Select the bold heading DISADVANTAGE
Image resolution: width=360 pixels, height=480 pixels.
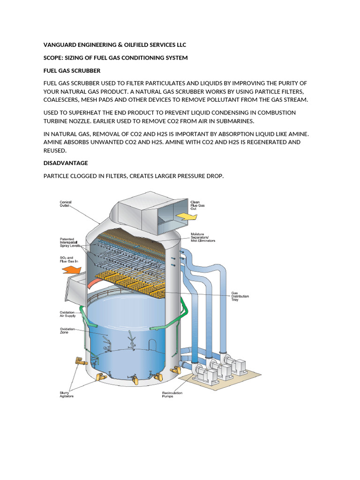[66, 163]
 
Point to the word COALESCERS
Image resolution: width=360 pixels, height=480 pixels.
[64, 100]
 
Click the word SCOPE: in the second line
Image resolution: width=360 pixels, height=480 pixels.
[54, 58]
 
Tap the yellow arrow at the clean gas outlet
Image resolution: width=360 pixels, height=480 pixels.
[186, 216]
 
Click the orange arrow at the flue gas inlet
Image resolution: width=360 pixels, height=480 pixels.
[72, 270]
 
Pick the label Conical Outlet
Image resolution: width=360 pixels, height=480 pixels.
[66, 204]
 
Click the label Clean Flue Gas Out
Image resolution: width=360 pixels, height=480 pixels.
[197, 205]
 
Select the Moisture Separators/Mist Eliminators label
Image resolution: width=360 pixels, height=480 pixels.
[203, 237]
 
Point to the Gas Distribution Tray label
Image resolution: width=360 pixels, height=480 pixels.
[240, 296]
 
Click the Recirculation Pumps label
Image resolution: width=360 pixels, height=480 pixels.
[172, 394]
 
